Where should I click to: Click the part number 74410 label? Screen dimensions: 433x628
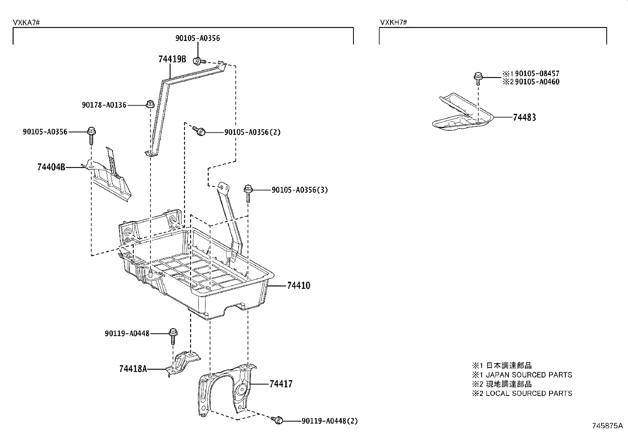(298, 286)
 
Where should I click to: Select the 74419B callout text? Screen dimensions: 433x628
(172, 59)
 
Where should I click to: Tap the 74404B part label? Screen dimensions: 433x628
(51, 167)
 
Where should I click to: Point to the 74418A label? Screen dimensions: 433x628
(133, 369)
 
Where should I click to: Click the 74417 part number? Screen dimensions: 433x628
(281, 384)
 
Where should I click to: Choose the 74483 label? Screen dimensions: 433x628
(524, 117)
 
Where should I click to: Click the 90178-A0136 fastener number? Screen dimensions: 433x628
(104, 105)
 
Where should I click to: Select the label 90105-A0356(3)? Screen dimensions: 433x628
(299, 190)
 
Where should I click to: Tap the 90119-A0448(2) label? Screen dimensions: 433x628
(329, 421)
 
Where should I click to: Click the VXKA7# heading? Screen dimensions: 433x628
(26, 22)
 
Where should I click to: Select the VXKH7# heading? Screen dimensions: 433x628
(393, 22)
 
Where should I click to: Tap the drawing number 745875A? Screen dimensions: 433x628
(607, 426)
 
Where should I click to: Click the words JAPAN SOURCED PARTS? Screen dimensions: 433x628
(528, 375)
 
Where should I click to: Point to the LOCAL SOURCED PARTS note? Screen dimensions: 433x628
(529, 393)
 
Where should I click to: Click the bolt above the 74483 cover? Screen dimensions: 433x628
(478, 77)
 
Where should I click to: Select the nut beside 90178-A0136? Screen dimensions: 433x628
(150, 104)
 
